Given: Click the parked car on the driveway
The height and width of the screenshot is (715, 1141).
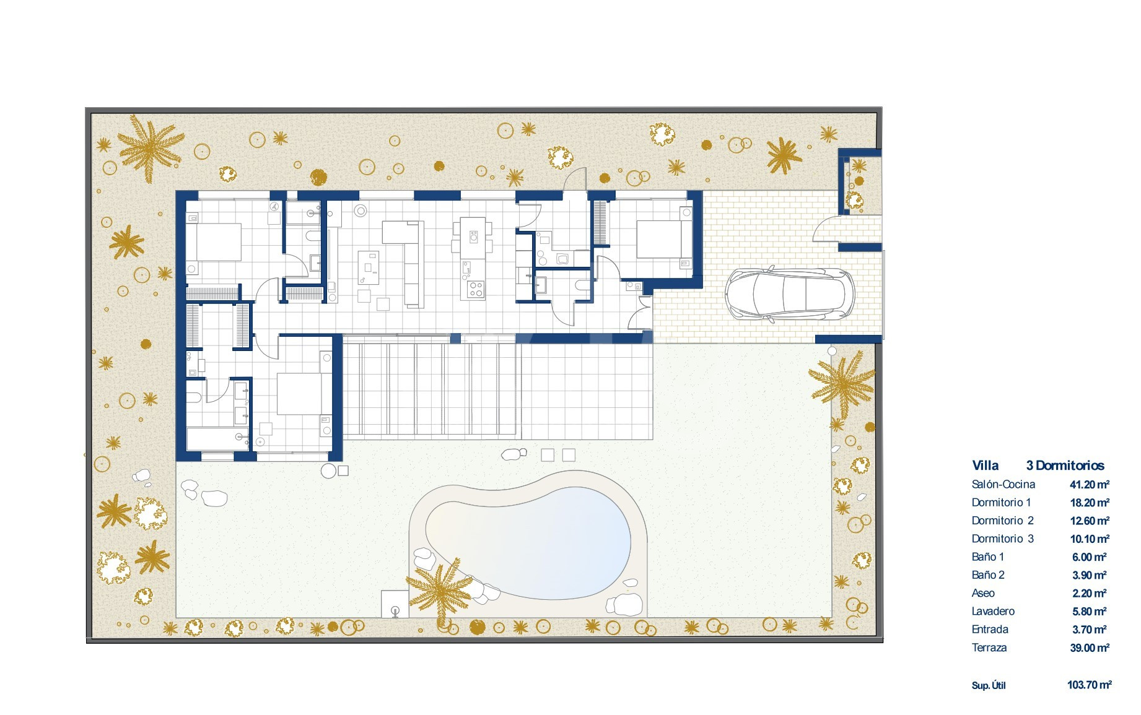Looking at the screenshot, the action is coord(790,294).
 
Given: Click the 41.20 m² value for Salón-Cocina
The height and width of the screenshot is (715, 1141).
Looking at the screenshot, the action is coord(1090,485).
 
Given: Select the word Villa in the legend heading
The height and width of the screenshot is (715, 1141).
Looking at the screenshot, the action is coord(985,466).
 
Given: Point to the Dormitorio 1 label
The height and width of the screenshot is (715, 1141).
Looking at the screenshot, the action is coord(1001,503).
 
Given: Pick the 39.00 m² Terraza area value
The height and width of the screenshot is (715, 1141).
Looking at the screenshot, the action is coord(1090,648).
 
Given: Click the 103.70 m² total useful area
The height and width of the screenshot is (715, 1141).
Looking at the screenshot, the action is coord(1090,685).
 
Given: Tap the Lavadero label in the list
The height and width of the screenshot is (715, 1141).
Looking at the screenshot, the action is coord(993,612).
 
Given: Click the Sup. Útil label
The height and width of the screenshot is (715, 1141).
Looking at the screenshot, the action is coord(989,685).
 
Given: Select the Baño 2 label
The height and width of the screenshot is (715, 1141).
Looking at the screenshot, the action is coord(988,575).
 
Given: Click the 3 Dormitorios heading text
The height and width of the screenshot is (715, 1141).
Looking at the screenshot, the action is coord(1065,466).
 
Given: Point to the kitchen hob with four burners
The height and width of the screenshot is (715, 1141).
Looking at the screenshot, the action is coord(476,289).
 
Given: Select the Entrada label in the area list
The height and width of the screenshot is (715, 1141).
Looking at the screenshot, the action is coord(990,630).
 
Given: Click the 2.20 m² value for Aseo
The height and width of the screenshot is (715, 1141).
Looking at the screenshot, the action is coord(1090,594).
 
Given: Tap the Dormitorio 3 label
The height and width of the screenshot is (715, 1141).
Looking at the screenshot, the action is coord(1002,539).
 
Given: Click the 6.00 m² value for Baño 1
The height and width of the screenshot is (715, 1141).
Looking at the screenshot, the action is coord(1090,557).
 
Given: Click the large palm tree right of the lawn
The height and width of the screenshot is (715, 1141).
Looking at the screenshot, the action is coord(842,384).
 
